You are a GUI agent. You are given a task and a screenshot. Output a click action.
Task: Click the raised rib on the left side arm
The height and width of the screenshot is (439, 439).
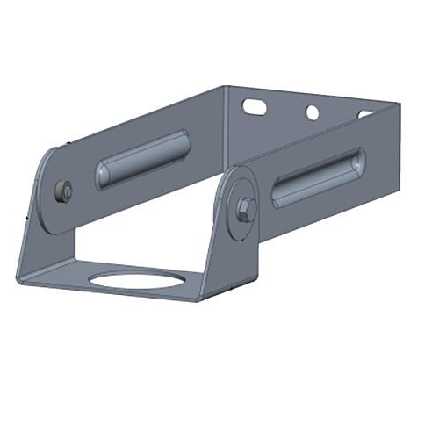[x=140, y=159]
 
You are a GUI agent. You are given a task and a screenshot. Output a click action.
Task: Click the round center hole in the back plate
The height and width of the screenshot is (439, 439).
[x=310, y=112]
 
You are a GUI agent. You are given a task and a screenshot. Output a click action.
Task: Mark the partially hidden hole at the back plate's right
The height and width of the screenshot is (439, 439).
[x=363, y=114]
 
